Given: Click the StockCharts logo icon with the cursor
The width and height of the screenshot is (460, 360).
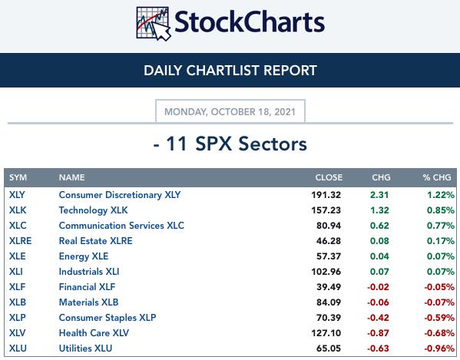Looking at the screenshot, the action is (x=154, y=24).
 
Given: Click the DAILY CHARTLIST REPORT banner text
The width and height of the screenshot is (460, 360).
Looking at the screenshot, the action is (x=230, y=71).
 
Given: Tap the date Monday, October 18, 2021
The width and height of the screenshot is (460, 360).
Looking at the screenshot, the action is (x=230, y=112).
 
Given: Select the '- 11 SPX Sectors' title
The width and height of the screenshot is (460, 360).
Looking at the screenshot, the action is (x=230, y=144).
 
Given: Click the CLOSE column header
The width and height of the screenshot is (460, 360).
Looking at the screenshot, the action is (x=329, y=177).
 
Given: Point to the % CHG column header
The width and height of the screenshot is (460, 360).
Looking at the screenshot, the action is (x=437, y=177).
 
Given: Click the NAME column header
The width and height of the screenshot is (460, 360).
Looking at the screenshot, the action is (x=72, y=177).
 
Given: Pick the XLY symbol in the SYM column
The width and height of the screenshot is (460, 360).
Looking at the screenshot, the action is (x=17, y=195).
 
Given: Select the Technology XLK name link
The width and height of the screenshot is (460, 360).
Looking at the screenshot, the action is (x=93, y=210).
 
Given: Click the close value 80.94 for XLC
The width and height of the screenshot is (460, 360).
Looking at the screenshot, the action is (x=329, y=226).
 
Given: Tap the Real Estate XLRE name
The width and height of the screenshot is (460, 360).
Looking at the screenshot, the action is (x=96, y=241).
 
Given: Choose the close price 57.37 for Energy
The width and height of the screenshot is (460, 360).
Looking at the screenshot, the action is (x=329, y=256).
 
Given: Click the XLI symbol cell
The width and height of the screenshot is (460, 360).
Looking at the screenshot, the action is (x=16, y=272).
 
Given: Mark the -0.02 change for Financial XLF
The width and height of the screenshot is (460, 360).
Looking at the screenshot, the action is (x=378, y=287).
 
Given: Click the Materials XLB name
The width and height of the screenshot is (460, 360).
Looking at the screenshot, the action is (x=88, y=302).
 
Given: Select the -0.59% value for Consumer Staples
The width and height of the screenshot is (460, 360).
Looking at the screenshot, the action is (x=439, y=318).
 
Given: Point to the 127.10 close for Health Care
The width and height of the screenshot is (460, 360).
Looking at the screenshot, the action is (x=326, y=332).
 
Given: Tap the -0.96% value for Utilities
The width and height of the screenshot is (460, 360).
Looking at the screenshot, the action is (x=439, y=348).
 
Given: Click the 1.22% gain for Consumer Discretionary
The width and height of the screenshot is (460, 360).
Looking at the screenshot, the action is (x=441, y=195).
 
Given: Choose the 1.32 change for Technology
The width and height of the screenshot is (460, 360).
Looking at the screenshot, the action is (x=379, y=210).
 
